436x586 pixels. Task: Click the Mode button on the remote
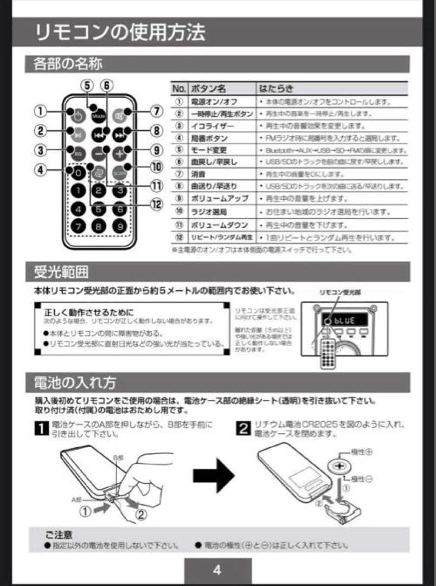click(98, 116)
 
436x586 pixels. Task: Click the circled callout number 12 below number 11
click(157, 205)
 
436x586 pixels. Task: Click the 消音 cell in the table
click(199, 174)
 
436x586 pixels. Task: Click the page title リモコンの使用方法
click(120, 33)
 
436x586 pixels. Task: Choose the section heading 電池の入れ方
click(75, 383)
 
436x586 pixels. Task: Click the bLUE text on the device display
click(344, 320)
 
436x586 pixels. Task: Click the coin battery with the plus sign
click(341, 466)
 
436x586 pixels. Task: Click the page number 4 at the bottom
click(217, 570)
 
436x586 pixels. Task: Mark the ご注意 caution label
click(59, 534)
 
